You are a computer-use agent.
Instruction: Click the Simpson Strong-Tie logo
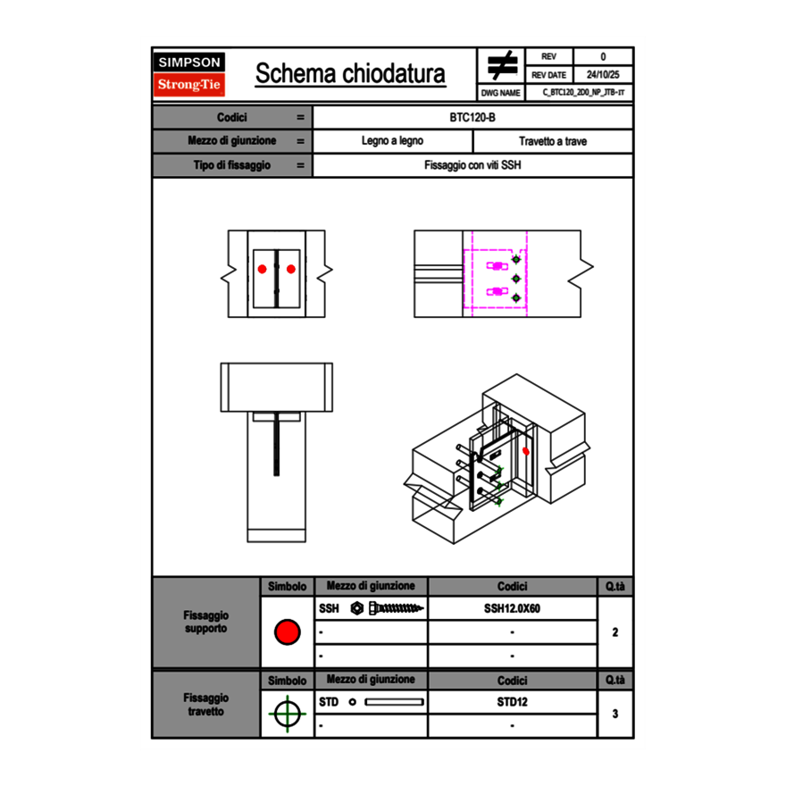[x=190, y=74]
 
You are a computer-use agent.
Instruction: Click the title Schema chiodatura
[x=350, y=74]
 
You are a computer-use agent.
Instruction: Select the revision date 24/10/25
[x=603, y=75]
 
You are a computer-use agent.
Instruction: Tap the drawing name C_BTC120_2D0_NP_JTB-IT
[x=583, y=92]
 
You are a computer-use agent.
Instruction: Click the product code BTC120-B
[x=472, y=117]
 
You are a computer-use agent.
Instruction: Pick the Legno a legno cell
[x=392, y=141]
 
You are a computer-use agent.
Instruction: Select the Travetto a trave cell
[x=552, y=141]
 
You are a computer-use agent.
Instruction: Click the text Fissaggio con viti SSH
[x=472, y=165]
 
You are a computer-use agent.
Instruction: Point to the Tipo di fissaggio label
[x=232, y=165]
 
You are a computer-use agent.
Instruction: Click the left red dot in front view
[x=263, y=269]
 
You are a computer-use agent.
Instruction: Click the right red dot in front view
[x=291, y=269]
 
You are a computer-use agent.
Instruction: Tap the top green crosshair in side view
[x=515, y=260]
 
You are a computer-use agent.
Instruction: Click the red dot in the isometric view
[x=526, y=451]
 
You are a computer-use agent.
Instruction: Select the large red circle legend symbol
[x=287, y=632]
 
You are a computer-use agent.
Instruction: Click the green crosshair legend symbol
[x=287, y=714]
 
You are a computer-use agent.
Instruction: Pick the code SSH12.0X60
[x=512, y=608]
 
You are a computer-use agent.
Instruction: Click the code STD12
[x=512, y=702]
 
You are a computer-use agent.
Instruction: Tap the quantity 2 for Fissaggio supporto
[x=615, y=632]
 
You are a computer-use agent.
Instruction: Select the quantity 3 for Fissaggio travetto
[x=615, y=714]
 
